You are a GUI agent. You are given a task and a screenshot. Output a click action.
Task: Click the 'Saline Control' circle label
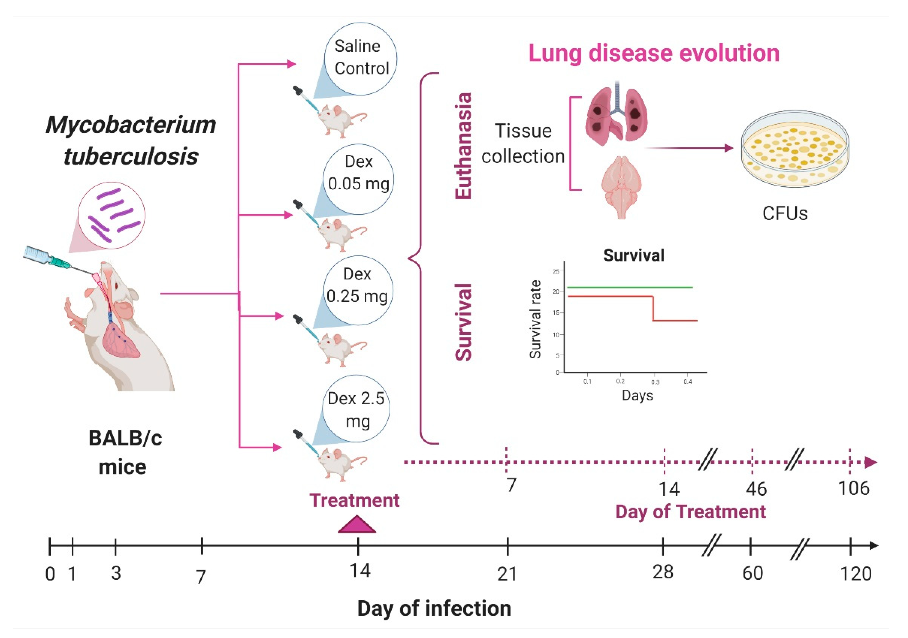click(x=361, y=58)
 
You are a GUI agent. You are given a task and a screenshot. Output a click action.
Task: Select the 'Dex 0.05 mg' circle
click(x=358, y=179)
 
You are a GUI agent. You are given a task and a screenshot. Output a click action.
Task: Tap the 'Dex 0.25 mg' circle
click(x=358, y=290)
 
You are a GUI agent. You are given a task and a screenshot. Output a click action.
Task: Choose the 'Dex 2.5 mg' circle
click(x=356, y=409)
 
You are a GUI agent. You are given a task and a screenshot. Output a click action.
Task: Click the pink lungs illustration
click(x=616, y=113)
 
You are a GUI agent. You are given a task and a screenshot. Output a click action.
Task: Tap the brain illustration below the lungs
click(x=621, y=186)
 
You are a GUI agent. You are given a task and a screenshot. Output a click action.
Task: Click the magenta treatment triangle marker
click(x=357, y=525)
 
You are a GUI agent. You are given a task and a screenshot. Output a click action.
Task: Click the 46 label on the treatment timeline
click(x=756, y=489)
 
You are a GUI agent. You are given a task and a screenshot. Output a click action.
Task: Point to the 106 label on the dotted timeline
click(x=853, y=489)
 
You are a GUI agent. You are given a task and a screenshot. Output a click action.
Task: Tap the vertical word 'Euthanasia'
click(x=463, y=146)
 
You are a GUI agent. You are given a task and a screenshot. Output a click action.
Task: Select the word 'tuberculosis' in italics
click(x=131, y=156)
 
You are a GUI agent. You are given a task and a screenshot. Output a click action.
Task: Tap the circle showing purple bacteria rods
click(x=112, y=215)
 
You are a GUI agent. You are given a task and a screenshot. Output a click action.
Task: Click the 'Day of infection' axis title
click(x=434, y=608)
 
